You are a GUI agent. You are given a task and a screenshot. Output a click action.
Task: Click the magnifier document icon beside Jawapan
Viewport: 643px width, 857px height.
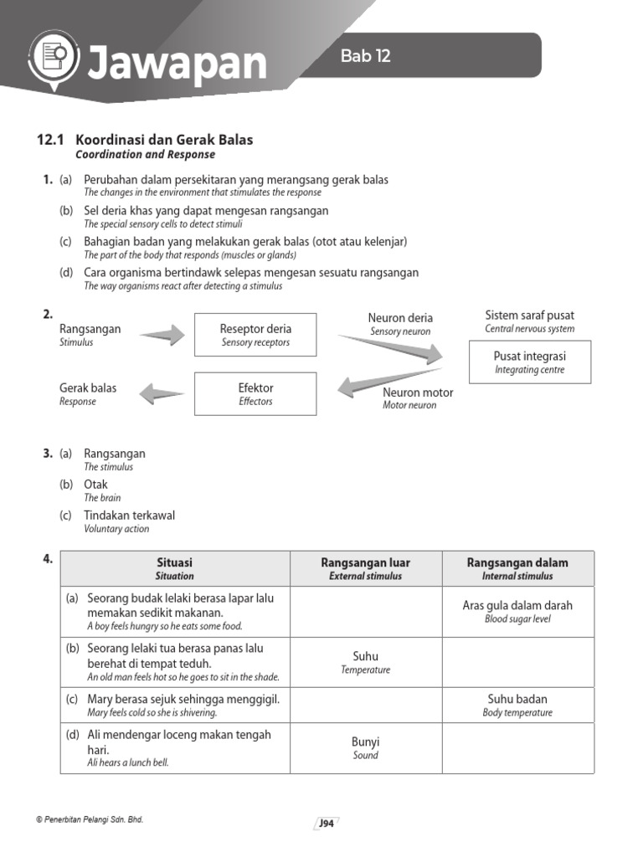pyautogui.click(x=53, y=59)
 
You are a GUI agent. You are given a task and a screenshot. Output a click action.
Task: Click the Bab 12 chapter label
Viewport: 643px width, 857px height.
pyautogui.click(x=365, y=57)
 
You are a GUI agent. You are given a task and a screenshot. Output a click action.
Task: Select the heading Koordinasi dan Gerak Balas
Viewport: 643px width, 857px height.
pyautogui.click(x=164, y=140)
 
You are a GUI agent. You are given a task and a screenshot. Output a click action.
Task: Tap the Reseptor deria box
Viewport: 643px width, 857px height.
pyautogui.click(x=255, y=335)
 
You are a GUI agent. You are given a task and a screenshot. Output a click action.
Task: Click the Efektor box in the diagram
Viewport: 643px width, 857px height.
pyautogui.click(x=255, y=393)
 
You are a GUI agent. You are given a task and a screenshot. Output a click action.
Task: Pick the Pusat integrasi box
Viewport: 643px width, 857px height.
pyautogui.click(x=529, y=362)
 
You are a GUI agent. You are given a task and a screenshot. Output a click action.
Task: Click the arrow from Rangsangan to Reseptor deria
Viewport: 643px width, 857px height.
pyautogui.click(x=161, y=336)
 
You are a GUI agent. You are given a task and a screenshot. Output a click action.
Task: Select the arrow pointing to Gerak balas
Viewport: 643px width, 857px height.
pyautogui.click(x=161, y=392)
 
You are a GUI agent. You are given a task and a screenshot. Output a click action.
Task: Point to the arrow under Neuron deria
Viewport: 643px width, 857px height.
pyautogui.click(x=390, y=348)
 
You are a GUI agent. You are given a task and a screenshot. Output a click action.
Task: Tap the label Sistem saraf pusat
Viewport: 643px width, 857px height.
pyautogui.click(x=529, y=316)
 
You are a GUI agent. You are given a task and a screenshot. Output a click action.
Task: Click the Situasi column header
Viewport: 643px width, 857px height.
pyautogui.click(x=174, y=568)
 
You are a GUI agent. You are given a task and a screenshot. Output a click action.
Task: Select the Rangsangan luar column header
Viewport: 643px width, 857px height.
pyautogui.click(x=365, y=568)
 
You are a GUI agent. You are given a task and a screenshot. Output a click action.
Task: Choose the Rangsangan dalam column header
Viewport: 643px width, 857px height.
pyautogui.click(x=517, y=568)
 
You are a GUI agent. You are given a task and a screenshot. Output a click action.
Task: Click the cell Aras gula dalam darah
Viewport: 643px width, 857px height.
pyautogui.click(x=517, y=611)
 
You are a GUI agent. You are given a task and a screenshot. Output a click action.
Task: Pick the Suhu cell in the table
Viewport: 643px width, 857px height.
pyautogui.click(x=365, y=662)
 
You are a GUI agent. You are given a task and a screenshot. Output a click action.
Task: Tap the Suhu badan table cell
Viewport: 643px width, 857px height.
pyautogui.click(x=517, y=705)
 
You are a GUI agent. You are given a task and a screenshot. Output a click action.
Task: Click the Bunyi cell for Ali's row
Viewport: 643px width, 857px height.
pyautogui.click(x=365, y=747)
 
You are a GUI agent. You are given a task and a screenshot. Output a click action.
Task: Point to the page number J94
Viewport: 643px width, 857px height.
pyautogui.click(x=326, y=824)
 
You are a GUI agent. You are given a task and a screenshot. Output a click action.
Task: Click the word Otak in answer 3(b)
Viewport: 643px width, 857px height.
pyautogui.click(x=95, y=485)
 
